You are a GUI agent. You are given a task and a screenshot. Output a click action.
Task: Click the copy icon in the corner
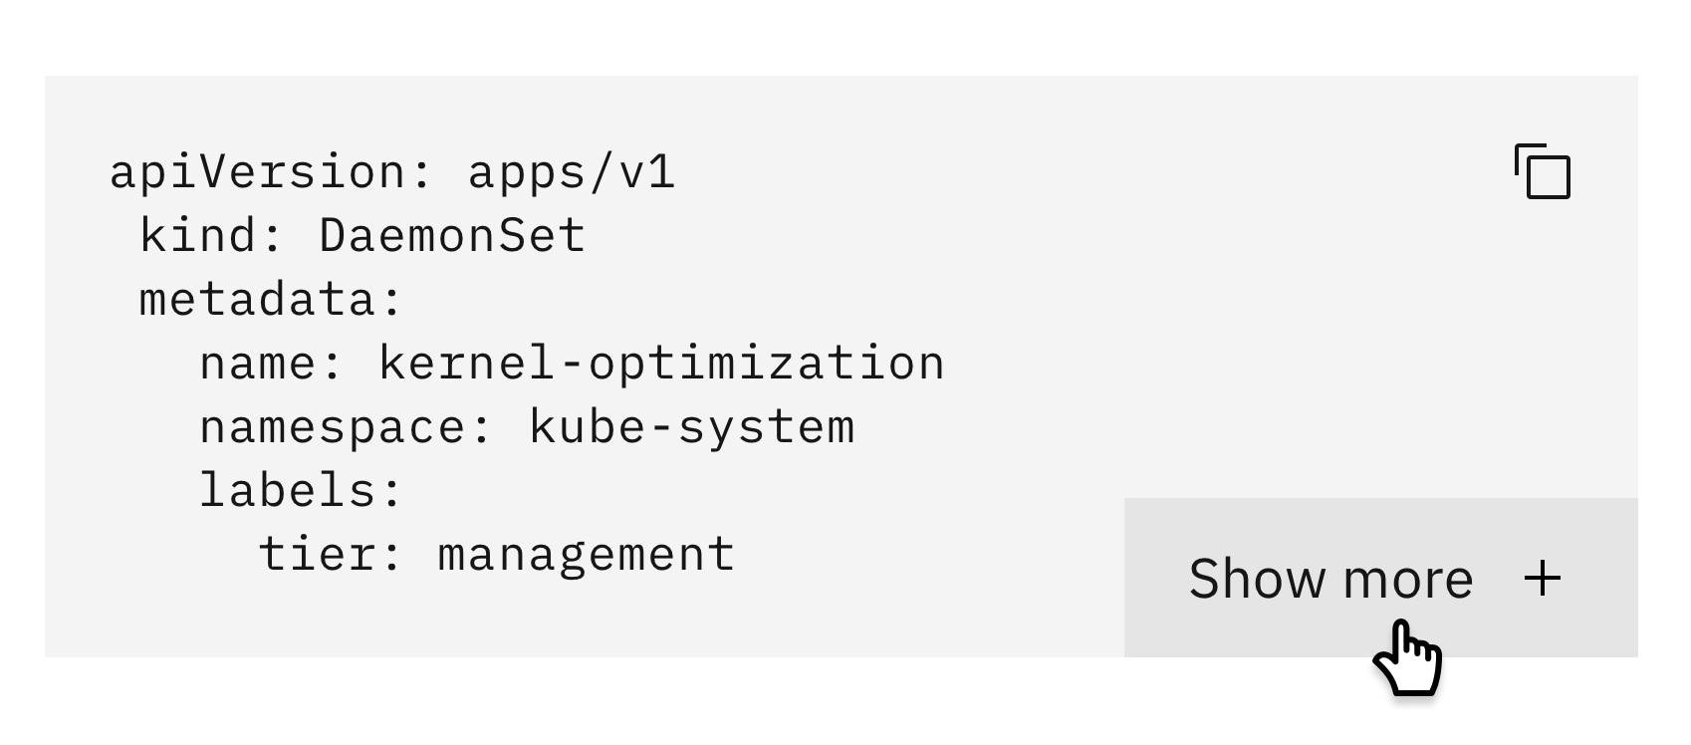1542,171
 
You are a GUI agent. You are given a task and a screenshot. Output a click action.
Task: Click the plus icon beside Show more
1543,579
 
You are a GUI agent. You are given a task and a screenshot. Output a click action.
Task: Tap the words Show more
1330,579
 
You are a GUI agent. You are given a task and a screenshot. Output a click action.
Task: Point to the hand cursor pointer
1406,657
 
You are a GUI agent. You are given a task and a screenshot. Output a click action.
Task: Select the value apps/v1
572,171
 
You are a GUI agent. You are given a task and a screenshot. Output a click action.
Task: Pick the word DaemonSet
452,236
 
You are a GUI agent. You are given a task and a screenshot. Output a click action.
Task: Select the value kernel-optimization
661,364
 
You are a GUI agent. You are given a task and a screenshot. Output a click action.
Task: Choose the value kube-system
691,427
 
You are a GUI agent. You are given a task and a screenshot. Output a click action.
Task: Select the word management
587,555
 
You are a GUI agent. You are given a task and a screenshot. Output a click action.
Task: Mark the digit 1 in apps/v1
662,171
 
